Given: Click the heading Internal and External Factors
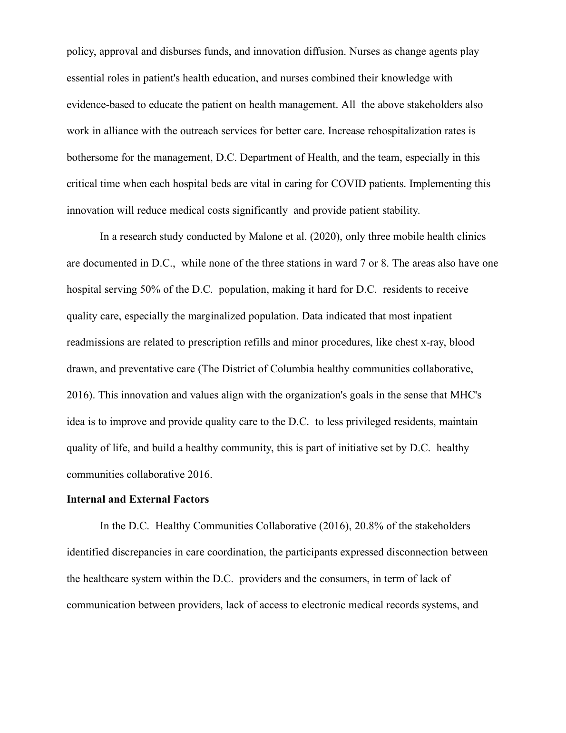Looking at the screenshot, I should point(137,499).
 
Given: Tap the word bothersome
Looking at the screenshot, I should point(92,158).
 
